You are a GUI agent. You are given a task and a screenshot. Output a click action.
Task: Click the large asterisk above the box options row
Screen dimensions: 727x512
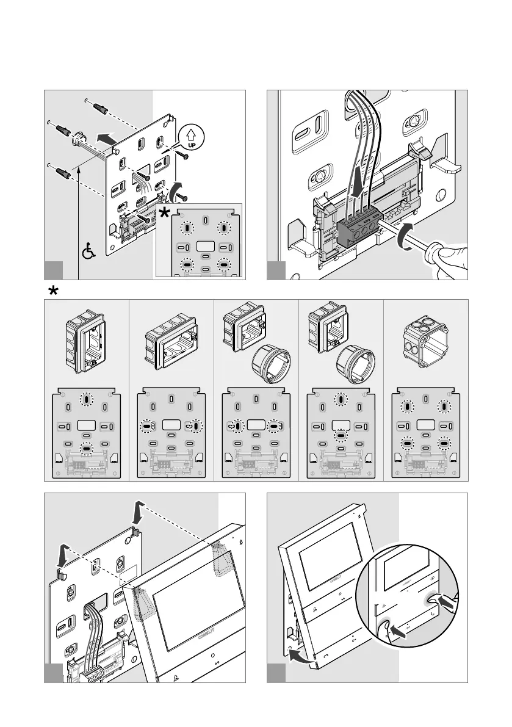[x=53, y=291]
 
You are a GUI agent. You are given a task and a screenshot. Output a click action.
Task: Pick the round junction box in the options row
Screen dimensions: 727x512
[x=425, y=338]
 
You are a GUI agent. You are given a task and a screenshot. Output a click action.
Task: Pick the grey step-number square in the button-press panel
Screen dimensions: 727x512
[x=276, y=673]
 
